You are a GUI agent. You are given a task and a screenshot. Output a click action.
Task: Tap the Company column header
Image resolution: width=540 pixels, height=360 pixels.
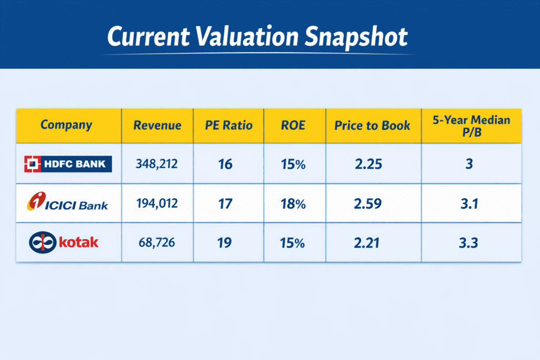point(66,125)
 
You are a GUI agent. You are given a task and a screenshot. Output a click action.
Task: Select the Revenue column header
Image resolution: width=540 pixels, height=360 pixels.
point(157,125)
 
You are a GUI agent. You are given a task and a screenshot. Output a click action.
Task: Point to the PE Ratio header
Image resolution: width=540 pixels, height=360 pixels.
point(229,125)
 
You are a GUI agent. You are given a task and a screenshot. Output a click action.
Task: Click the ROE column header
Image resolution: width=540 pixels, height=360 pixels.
point(293,125)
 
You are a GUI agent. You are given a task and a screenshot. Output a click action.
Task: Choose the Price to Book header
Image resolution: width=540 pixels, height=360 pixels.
point(372,125)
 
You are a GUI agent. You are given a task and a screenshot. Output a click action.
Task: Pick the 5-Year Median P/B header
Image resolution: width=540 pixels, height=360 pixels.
point(471,125)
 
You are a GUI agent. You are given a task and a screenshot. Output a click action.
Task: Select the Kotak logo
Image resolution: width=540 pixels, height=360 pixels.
point(64,242)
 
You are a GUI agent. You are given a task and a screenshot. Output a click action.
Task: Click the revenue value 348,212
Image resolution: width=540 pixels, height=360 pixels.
point(157,164)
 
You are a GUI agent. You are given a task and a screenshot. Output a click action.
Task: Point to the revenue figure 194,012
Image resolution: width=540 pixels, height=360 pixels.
point(157,203)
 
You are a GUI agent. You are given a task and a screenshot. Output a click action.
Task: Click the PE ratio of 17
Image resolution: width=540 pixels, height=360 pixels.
point(225,203)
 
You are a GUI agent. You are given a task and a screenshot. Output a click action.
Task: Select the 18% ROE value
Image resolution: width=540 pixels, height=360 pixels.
point(293,203)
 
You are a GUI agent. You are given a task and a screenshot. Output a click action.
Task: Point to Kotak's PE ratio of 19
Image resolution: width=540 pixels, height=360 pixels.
point(225,243)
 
